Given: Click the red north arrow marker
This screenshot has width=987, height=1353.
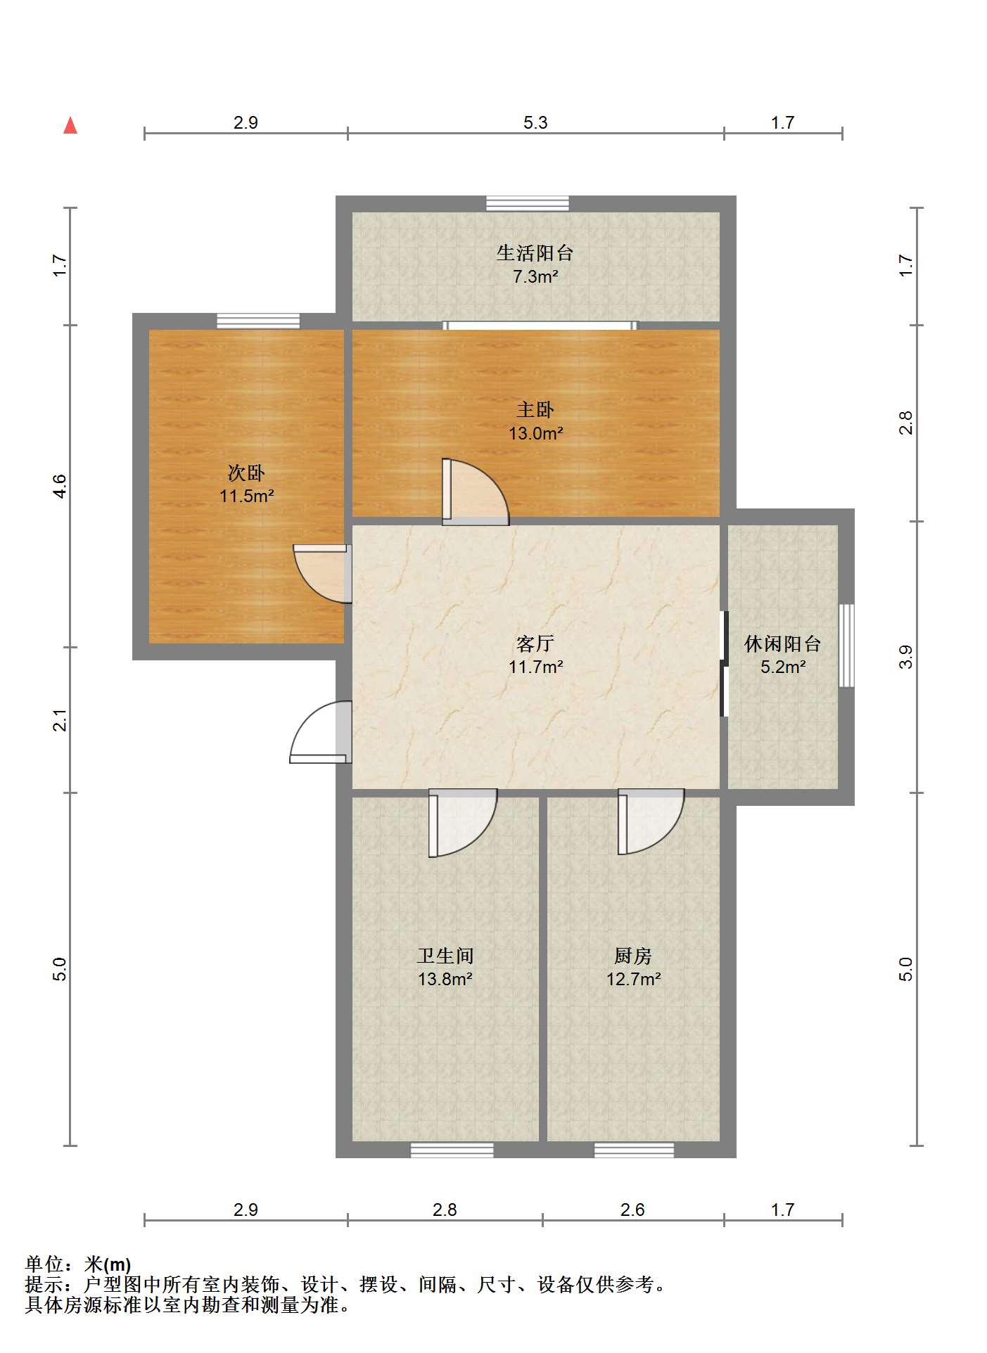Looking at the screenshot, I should click(70, 126).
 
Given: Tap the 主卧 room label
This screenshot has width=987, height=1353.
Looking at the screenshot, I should click(535, 409).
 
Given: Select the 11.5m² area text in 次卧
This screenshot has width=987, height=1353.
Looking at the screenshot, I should click(246, 496).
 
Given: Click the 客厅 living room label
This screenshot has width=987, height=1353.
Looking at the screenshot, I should click(535, 643).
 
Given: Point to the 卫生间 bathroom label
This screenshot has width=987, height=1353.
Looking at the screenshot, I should click(445, 956).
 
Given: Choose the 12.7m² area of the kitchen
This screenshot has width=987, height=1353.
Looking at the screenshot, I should click(633, 979).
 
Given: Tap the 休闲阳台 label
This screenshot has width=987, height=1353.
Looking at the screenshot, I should click(782, 643).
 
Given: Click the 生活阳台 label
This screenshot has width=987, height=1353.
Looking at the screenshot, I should click(535, 252).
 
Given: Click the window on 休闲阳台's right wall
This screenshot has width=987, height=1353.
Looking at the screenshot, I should click(846, 645).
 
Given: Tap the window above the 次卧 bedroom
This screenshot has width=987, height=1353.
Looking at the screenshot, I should click(258, 321).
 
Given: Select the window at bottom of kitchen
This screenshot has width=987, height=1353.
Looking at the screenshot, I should click(634, 1150).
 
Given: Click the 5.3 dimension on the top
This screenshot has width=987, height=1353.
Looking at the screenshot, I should click(535, 122).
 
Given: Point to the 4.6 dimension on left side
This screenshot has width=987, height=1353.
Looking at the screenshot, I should click(61, 486).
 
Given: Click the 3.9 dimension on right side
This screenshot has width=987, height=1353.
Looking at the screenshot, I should click(906, 656).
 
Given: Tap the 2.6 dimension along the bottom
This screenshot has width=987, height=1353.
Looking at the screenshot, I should click(632, 1210).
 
